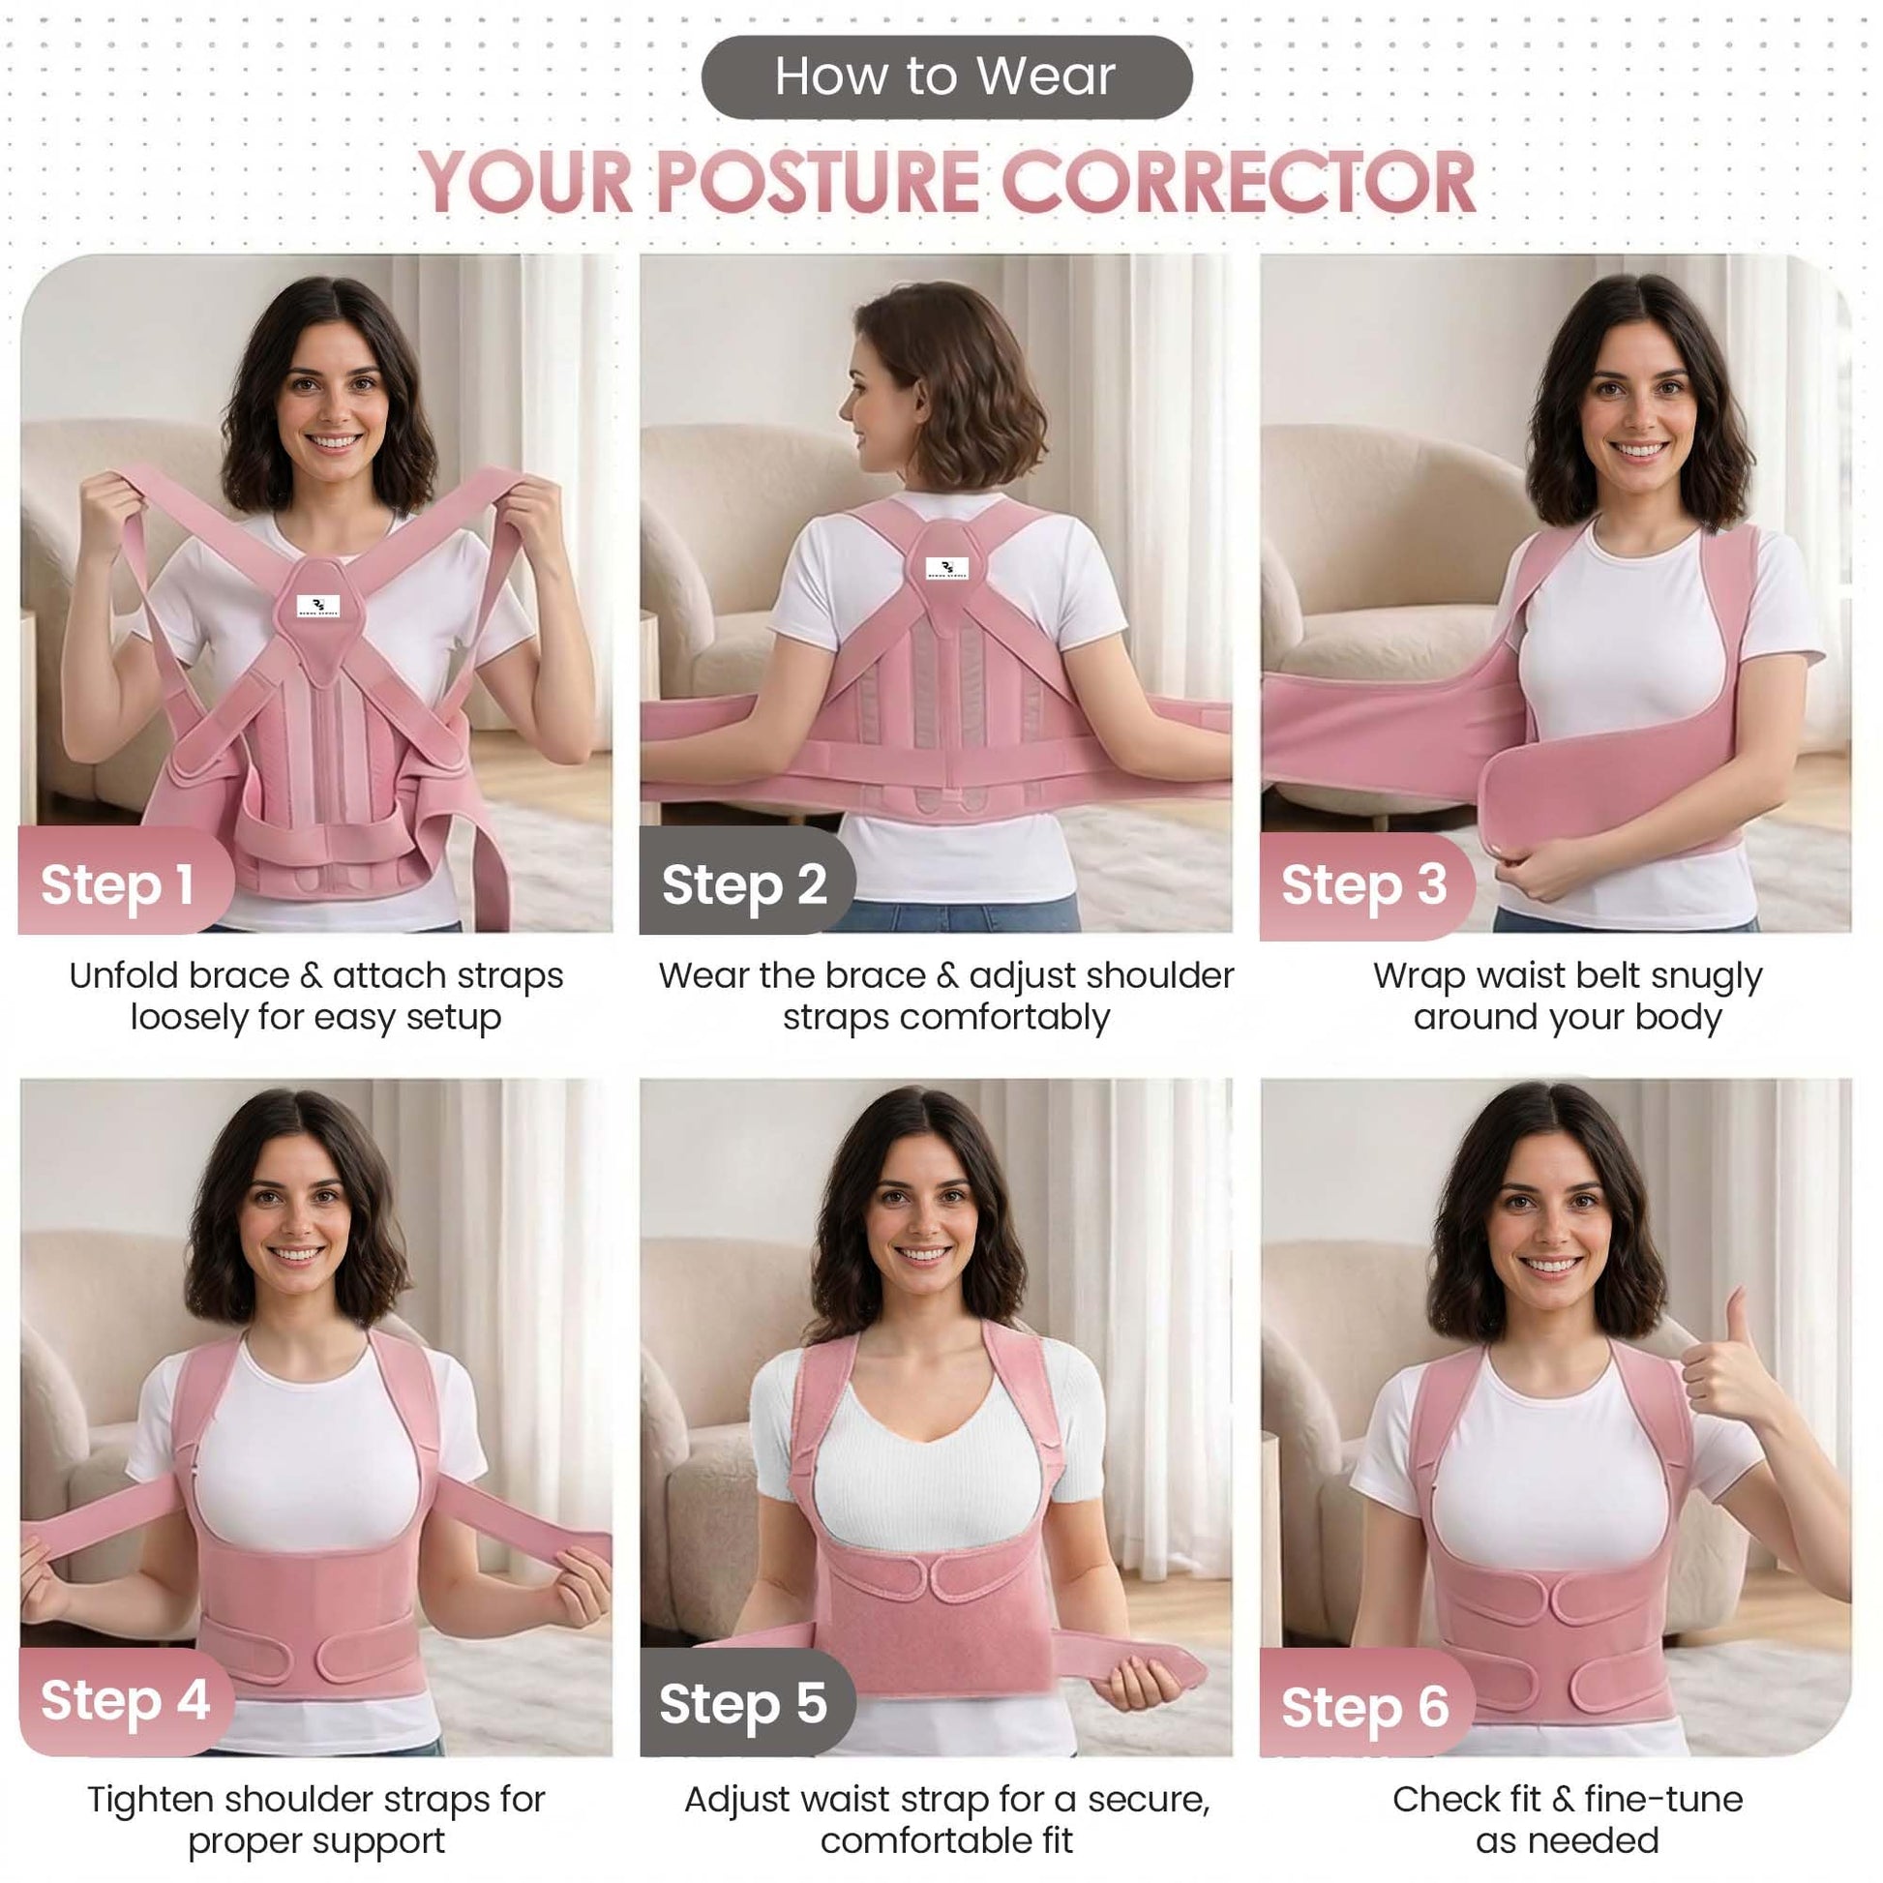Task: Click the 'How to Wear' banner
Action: [946, 77]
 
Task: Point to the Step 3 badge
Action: [1366, 886]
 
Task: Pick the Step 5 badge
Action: [747, 1702]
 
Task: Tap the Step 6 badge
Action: [1366, 1706]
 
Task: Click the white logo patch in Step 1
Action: [318, 607]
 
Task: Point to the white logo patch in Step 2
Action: [946, 569]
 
